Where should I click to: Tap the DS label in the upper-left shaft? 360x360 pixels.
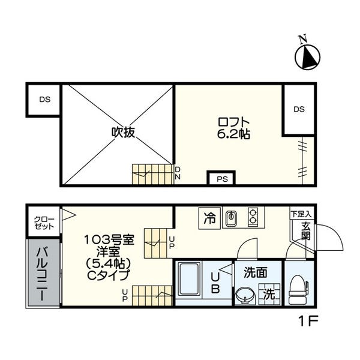(x=45, y=100)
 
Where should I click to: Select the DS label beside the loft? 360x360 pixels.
(x=299, y=109)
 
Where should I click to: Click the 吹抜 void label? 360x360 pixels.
(x=123, y=132)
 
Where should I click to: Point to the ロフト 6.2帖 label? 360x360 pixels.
(x=233, y=128)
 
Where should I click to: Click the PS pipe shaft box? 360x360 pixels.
(x=221, y=178)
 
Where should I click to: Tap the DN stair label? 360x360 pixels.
(x=178, y=173)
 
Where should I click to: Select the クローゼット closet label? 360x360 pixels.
(x=44, y=223)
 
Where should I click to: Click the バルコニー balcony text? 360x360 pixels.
(x=43, y=274)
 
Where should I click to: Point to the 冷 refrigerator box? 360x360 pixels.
(x=209, y=218)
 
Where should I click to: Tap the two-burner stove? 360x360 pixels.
(x=253, y=217)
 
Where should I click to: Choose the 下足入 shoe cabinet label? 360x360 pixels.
(x=301, y=214)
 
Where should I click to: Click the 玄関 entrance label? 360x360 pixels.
(x=306, y=231)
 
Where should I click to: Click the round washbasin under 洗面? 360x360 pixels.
(x=245, y=296)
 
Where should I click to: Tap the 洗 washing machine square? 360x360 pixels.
(x=269, y=294)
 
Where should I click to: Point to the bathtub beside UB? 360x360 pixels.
(x=189, y=280)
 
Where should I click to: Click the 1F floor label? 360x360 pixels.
(x=308, y=321)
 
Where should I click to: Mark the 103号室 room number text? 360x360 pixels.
(x=109, y=240)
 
